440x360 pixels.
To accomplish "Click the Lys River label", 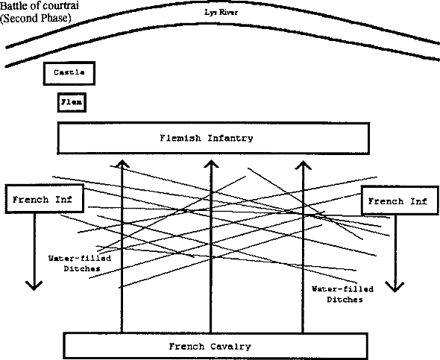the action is (221, 13).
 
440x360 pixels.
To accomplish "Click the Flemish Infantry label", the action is (207, 138).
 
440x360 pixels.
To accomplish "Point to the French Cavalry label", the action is (210, 347).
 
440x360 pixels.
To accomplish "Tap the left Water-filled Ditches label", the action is (80, 263).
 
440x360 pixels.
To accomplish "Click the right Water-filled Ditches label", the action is (343, 294).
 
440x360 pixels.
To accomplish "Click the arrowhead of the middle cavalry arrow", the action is (211, 163).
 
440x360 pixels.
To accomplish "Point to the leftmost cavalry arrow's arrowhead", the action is (122, 163).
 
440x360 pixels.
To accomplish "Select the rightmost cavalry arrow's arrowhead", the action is (303, 165).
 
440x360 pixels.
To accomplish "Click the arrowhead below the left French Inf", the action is (34, 286).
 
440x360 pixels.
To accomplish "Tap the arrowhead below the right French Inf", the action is (395, 288).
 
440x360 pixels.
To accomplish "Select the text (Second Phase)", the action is (35, 18).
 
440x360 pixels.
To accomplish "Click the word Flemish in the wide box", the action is (180, 138).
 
